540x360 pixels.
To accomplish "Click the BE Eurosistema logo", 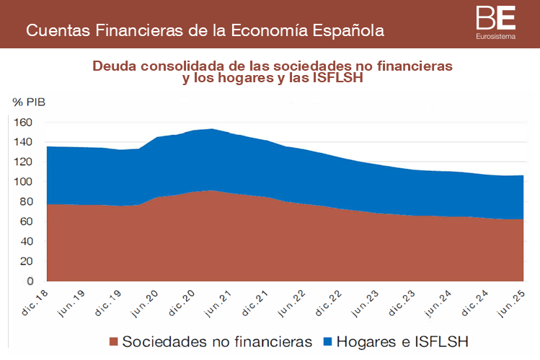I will pyautogui.click(x=496, y=22).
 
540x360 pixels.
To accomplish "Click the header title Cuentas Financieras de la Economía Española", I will pyautogui.click(x=205, y=31).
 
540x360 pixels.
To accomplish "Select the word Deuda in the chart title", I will pyautogui.click(x=113, y=66).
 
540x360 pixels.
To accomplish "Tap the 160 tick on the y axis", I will pyautogui.click(x=24, y=123).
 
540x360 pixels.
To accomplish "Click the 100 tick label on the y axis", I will pyautogui.click(x=24, y=182).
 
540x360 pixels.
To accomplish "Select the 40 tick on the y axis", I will pyautogui.click(x=26, y=242).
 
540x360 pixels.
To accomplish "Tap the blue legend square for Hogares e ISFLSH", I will pyautogui.click(x=329, y=341).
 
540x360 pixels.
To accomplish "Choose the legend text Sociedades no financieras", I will pyautogui.click(x=217, y=341).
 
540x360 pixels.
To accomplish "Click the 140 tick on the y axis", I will pyautogui.click(x=24, y=142).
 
